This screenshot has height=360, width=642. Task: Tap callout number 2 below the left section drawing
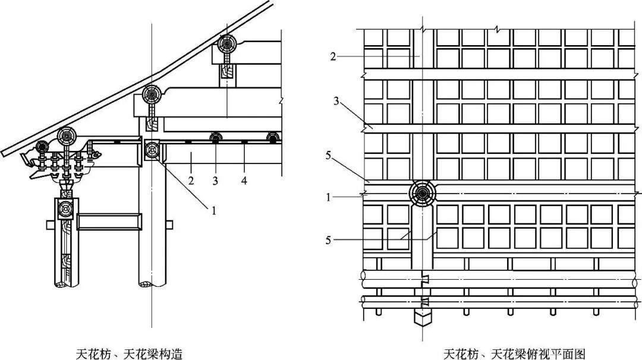191,179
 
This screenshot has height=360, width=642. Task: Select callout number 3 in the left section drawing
216,179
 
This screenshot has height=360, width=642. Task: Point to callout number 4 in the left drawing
244,179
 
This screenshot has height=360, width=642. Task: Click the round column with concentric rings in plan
423,193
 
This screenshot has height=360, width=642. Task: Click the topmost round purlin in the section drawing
226,45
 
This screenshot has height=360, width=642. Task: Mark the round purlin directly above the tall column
152,95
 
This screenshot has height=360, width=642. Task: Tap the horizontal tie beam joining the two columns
110,223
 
